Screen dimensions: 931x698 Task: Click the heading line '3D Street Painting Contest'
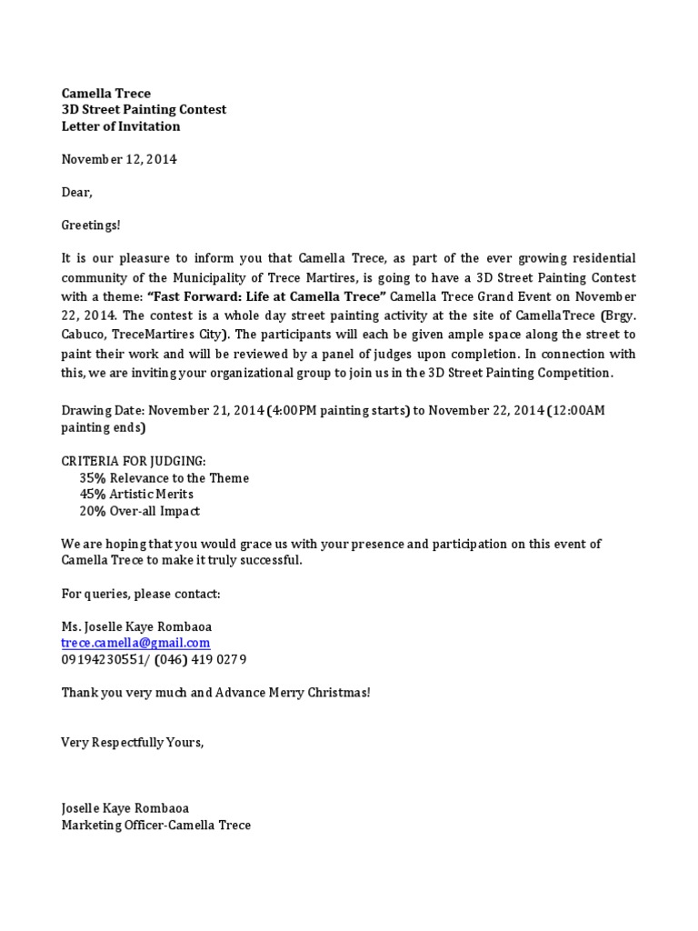144,110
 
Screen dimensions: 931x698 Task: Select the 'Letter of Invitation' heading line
121,126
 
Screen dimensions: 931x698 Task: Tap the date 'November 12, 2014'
119,159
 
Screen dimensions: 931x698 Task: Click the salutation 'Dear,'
77,193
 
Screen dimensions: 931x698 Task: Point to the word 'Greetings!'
91,225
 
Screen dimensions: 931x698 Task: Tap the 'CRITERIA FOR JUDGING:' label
134,461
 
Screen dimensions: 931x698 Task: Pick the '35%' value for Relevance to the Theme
93,478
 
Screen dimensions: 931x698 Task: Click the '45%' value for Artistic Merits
93,495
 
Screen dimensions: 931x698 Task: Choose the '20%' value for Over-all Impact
93,511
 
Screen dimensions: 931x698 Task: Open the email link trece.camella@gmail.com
135,643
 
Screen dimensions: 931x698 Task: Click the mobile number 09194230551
101,659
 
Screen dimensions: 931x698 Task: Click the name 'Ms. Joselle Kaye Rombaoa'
139,626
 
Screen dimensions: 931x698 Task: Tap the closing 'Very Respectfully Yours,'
133,742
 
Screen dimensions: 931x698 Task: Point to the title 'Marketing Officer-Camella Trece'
155,825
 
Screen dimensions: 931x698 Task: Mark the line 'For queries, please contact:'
141,594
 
